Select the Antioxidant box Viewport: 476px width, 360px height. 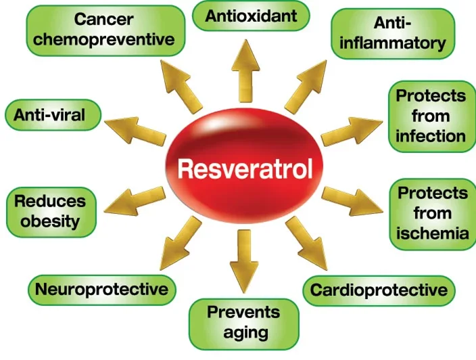pyautogui.click(x=251, y=16)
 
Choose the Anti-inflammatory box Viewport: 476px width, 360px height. pyautogui.click(x=391, y=34)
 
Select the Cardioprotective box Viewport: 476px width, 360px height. pyautogui.click(x=379, y=290)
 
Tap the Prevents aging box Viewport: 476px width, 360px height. pyautogui.click(x=243, y=322)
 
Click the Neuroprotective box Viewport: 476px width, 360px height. pyautogui.click(x=101, y=290)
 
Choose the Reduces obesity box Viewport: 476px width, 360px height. pyautogui.click(x=50, y=210)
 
